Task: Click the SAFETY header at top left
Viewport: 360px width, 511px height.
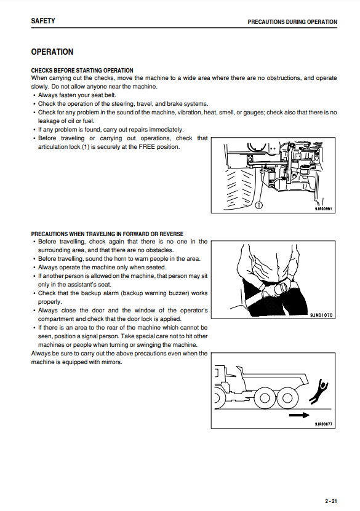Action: coord(43,21)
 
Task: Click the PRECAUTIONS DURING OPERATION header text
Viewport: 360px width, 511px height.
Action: coord(292,22)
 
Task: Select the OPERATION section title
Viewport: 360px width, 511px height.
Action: coord(52,52)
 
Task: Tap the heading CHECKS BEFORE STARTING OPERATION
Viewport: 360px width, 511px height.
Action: coord(82,70)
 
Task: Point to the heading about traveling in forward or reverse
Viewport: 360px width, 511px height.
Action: coord(107,234)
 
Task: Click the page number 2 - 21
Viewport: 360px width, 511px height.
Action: coord(330,501)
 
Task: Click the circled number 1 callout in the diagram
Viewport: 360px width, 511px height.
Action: coord(258,205)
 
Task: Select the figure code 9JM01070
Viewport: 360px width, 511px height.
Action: coord(321,315)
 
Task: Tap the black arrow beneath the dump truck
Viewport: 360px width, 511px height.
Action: coord(299,415)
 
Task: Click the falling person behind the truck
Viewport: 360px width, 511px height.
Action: coord(319,391)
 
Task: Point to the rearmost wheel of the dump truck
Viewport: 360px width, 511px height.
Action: coord(287,398)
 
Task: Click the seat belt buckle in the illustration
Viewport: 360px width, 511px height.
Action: coord(280,289)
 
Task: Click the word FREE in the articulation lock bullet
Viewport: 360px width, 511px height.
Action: coord(146,146)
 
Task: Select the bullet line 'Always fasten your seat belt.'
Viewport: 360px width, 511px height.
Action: coord(77,95)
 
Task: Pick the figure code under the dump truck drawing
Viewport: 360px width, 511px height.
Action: coord(324,424)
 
